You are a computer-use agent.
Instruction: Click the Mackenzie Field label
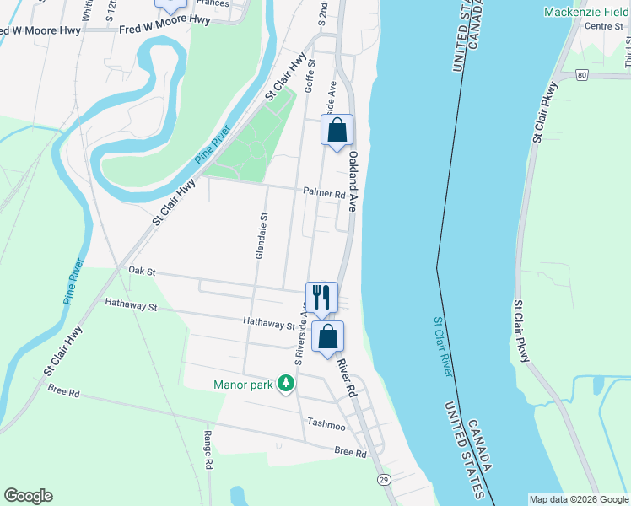586,12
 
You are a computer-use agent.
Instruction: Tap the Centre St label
603,26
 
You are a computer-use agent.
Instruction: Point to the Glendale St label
262,235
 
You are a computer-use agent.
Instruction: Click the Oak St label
143,271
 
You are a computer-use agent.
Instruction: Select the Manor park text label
244,385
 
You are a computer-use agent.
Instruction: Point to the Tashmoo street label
327,422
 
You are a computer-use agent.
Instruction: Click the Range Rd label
208,449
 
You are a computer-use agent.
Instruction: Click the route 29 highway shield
384,479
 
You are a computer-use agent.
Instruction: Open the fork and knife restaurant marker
321,298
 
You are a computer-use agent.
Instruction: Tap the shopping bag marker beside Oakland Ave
337,131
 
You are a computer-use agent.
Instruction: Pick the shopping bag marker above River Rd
328,336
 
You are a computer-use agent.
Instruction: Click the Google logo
28,496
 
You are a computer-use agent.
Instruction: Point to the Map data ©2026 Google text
579,499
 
